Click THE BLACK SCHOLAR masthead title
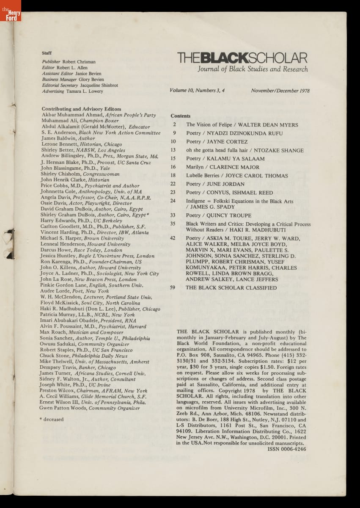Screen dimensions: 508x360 click(x=242, y=58)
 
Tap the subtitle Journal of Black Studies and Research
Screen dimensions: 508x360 click(x=253, y=69)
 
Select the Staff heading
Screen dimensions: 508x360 click(x=47, y=53)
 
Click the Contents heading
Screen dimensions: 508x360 click(x=181, y=116)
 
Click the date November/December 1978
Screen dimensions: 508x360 click(x=280, y=91)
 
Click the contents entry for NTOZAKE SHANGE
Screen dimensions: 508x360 click(x=245, y=150)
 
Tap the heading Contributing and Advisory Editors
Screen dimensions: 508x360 click(x=82, y=109)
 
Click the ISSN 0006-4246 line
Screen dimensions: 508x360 click(x=286, y=449)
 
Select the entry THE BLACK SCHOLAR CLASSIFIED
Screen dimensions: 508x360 click(x=231, y=288)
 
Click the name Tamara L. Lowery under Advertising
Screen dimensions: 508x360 click(x=85, y=91)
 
